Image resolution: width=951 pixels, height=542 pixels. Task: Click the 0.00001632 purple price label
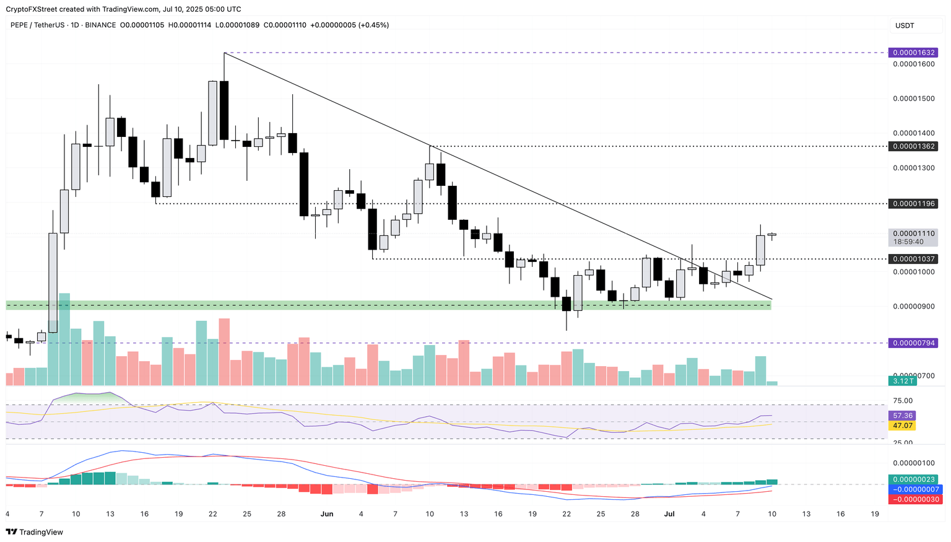coord(912,53)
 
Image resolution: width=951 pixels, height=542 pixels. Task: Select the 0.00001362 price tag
coord(912,146)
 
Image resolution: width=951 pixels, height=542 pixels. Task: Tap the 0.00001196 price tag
coord(912,204)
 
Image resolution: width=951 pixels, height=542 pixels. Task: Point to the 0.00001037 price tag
coord(912,259)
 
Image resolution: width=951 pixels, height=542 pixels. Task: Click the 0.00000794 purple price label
coord(912,343)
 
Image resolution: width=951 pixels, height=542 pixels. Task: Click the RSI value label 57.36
coord(902,416)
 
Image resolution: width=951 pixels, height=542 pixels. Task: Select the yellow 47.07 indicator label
coord(902,426)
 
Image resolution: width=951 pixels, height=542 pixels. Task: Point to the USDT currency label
coord(904,25)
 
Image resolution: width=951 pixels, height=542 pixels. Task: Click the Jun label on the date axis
coord(328,514)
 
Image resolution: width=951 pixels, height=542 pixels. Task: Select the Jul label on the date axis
coord(669,514)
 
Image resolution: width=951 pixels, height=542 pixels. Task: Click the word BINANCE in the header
coord(100,25)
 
